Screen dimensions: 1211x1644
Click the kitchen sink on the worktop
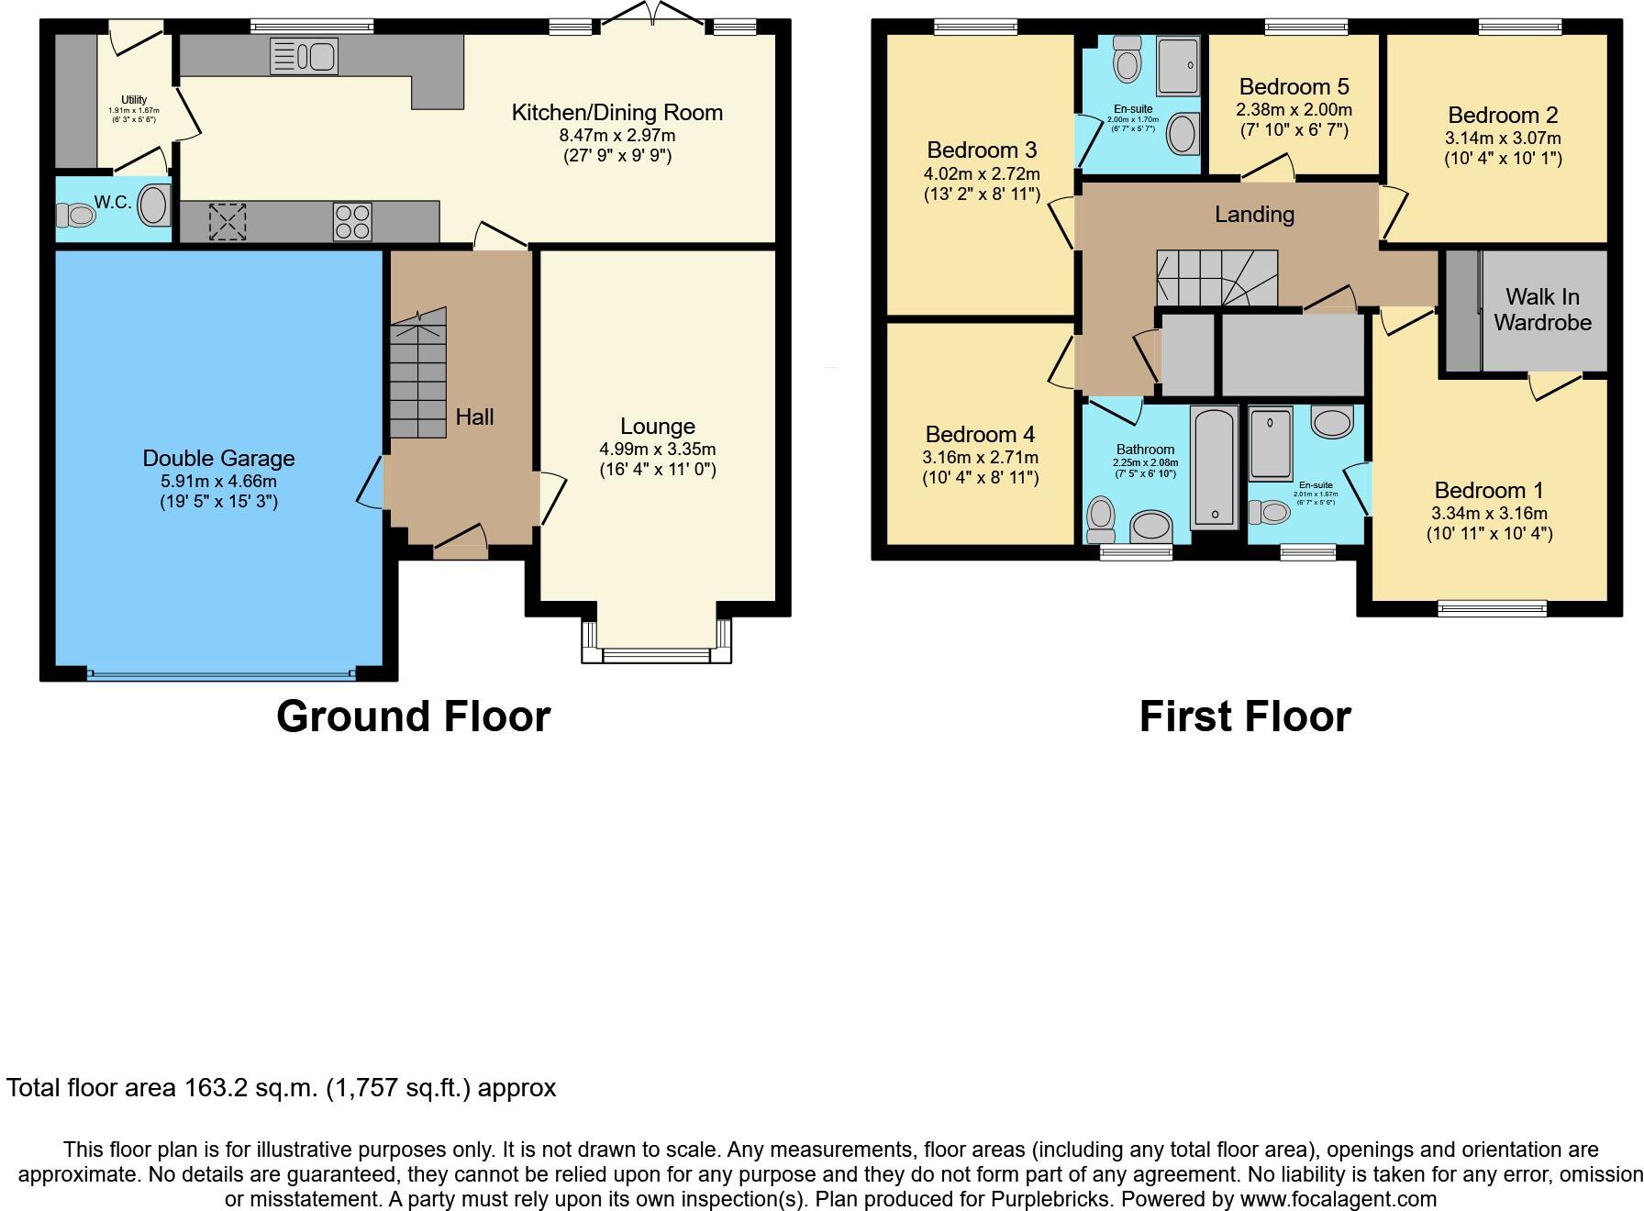click(x=304, y=56)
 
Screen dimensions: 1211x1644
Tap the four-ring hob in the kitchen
click(x=352, y=221)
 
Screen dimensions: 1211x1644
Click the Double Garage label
click(x=218, y=458)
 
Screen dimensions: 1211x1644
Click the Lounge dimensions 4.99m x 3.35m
click(x=657, y=450)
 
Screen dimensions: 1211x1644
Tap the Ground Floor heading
click(x=413, y=717)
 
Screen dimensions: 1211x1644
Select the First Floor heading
click(x=1245, y=717)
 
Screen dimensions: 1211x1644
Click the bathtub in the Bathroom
click(x=1214, y=467)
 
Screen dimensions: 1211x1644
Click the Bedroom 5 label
click(x=1294, y=87)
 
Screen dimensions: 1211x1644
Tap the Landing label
click(x=1254, y=214)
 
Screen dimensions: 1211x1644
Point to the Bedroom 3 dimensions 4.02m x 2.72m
click(x=982, y=173)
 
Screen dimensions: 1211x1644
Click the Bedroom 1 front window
click(x=1492, y=606)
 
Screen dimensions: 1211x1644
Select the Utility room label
click(x=134, y=100)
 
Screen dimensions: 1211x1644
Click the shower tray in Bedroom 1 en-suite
click(x=1271, y=444)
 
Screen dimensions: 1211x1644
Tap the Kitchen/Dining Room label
click(x=616, y=113)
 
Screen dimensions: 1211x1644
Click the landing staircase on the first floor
click(x=1216, y=278)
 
